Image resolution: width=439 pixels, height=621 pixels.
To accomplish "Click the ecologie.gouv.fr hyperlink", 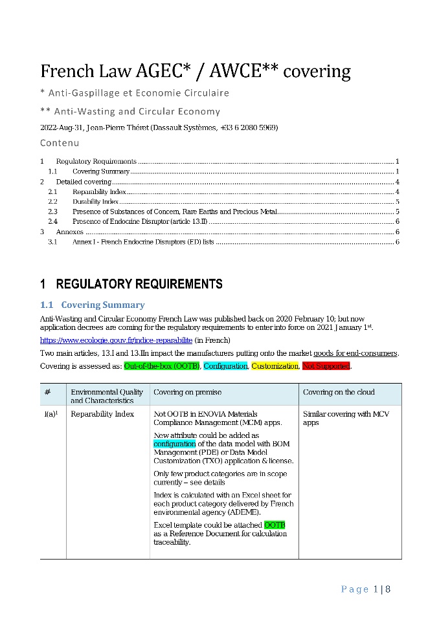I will [116, 340].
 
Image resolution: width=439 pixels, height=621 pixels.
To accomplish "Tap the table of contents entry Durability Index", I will [95, 202].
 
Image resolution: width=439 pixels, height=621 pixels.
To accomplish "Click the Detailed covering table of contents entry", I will [84, 182].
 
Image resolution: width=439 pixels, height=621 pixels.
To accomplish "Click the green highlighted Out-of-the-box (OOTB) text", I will [162, 366].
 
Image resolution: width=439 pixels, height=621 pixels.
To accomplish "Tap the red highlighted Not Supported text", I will [326, 366].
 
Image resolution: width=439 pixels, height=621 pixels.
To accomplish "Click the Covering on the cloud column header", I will [339, 392].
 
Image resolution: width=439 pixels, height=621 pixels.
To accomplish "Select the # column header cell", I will [49, 392].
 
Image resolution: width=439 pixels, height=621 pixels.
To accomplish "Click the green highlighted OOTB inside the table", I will [275, 525].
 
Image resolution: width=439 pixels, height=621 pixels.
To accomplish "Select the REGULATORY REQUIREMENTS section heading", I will [139, 284].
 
